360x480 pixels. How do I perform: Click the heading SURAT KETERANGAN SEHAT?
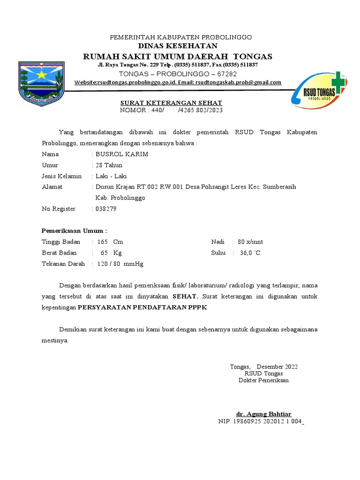coord(171,103)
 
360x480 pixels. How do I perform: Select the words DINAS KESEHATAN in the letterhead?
coord(178,45)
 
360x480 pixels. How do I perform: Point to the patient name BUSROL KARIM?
coord(122,154)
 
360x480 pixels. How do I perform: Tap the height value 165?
coord(103,242)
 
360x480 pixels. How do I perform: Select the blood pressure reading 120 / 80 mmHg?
coord(120,264)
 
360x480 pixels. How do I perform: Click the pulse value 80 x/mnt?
coord(250,242)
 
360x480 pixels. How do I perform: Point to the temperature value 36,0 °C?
coord(250,253)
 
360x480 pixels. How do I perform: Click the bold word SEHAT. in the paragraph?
coord(186,296)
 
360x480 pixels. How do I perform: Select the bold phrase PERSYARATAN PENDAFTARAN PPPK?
coord(142,307)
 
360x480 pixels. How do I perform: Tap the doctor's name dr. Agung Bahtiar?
coord(263,414)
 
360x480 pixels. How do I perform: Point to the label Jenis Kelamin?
coord(62,176)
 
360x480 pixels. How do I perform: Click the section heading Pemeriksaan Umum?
coord(74,231)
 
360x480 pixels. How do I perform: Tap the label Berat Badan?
coord(59,253)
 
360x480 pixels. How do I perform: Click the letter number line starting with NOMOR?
coord(171,110)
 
